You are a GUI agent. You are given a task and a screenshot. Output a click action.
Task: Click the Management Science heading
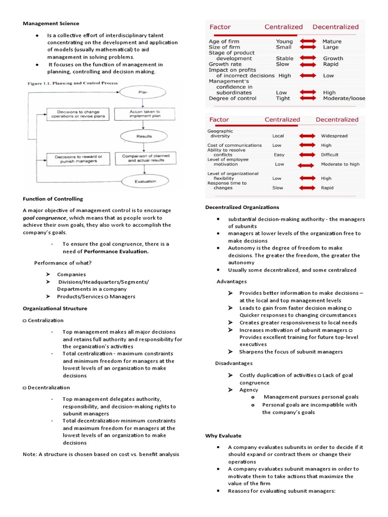point(51,23)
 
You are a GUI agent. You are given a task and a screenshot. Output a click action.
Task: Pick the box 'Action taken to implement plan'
point(144,114)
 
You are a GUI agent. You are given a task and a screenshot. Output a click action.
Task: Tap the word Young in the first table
point(284,41)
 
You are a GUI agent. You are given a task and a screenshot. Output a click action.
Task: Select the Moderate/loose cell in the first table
point(344,98)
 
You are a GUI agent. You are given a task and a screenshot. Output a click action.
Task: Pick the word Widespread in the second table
point(337,136)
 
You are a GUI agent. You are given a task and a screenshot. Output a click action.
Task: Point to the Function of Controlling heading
point(53,199)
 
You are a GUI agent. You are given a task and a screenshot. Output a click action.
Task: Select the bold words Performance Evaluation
point(116,251)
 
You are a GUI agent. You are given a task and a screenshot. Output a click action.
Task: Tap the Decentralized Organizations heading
point(242,207)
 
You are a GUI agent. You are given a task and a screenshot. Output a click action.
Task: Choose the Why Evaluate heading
point(223,435)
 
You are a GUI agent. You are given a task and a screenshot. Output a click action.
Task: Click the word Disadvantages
point(235,363)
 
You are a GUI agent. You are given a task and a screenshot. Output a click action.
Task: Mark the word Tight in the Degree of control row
point(283,98)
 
